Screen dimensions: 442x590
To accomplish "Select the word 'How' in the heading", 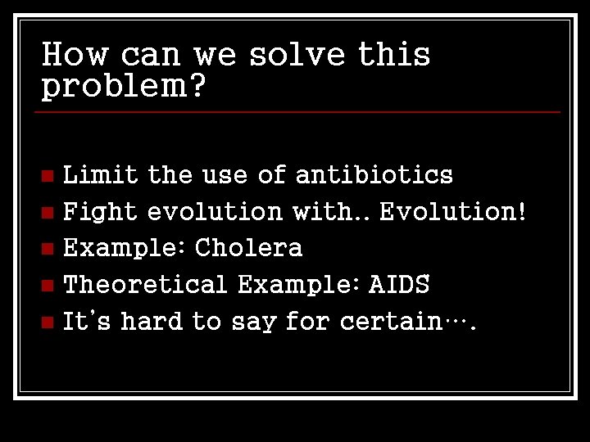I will coord(75,55).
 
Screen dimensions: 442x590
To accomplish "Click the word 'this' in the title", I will coord(394,55).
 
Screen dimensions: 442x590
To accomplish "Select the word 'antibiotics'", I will coord(374,174).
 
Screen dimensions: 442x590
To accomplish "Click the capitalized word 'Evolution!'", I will coord(452,211).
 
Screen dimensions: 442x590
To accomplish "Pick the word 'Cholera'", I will coord(249,247).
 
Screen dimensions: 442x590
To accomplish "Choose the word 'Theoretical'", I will coord(145,284).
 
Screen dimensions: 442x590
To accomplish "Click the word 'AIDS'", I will coord(399,284).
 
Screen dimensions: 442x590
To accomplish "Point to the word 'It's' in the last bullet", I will coord(87,321).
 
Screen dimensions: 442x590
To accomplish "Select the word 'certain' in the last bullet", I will coord(391,321).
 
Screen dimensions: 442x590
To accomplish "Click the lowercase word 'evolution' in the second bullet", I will coord(215,211).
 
